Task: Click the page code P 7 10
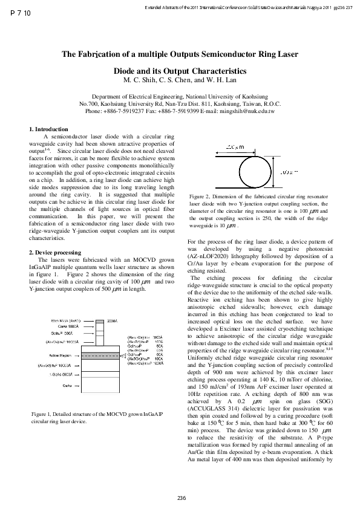point(21,13)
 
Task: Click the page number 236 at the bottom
point(180,497)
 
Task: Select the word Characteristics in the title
point(215,70)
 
